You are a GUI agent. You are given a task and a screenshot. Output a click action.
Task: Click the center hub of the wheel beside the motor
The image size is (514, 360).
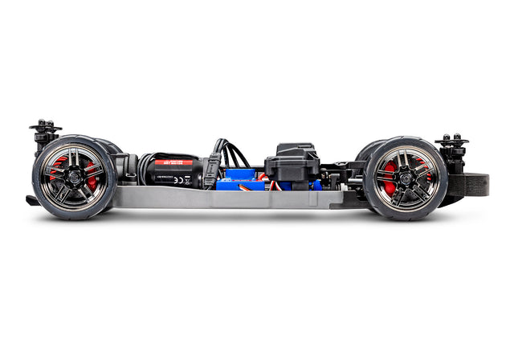[73, 177]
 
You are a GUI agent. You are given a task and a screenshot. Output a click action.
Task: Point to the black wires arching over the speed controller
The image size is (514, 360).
[233, 153]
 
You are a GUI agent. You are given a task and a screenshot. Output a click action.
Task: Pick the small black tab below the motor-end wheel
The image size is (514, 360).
[31, 200]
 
